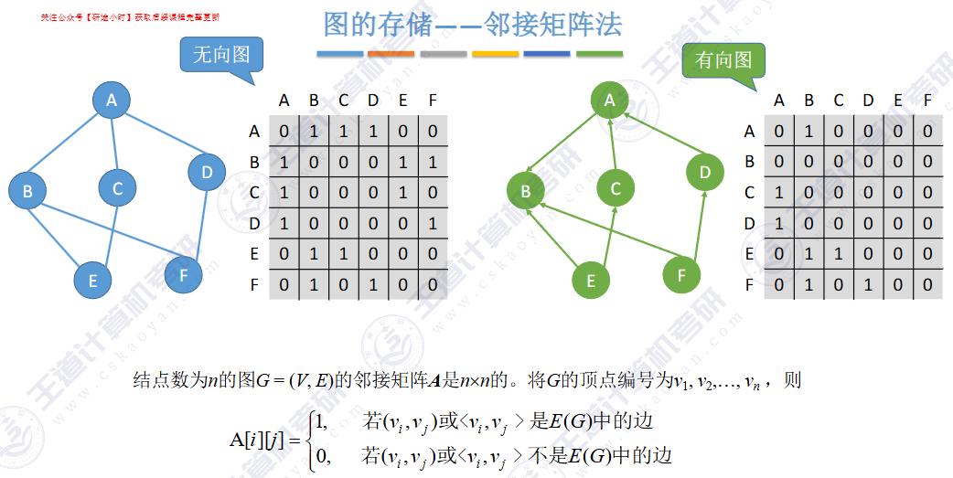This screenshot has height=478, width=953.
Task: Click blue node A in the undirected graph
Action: pos(112,100)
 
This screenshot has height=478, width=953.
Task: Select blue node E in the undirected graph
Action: pos(92,281)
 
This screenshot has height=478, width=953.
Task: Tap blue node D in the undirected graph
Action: pos(207,172)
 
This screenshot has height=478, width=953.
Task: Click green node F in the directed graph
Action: pos(680,274)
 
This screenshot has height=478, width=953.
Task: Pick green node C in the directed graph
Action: pos(616,188)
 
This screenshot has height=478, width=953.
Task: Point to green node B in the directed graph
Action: pos(526,191)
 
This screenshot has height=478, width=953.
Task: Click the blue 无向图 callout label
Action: pos(220,55)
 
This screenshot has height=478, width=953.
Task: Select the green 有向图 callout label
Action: pos(723,60)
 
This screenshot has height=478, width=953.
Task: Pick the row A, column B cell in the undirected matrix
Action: pos(314,131)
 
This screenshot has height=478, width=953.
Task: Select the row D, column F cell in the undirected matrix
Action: pos(433,223)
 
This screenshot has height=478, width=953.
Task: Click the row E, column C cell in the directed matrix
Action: pos(839,254)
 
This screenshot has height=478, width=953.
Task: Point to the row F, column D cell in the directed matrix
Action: pos(868,285)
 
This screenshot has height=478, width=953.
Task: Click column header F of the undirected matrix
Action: pos(433,100)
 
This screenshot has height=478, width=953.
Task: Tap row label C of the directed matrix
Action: pos(749,193)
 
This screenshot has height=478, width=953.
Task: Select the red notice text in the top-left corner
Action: pos(130,17)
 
